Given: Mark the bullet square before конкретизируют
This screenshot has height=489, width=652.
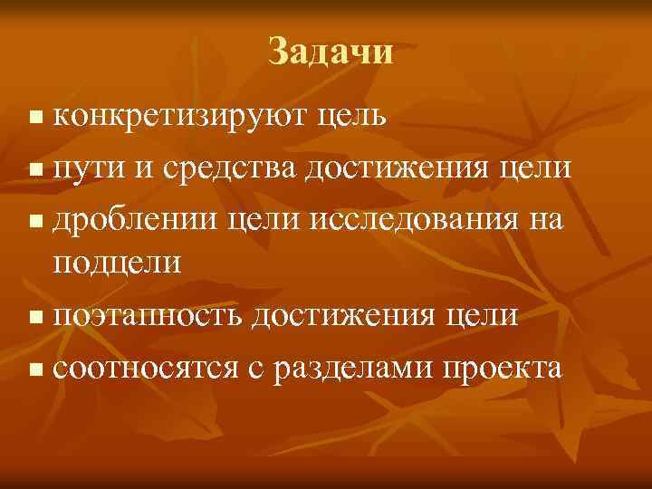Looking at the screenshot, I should (x=34, y=118).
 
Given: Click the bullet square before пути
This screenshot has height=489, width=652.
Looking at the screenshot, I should (x=34, y=168).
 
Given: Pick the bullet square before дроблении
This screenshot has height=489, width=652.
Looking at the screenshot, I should (x=34, y=219).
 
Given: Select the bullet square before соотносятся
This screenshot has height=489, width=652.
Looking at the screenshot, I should (x=34, y=369).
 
